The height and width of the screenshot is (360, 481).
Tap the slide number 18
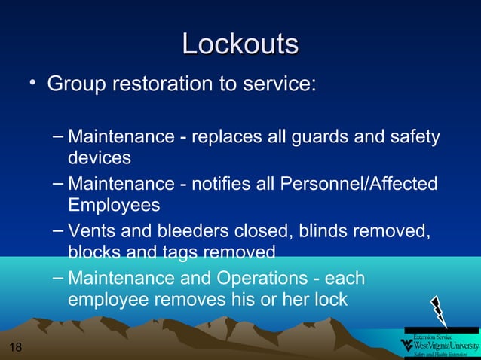[x=16, y=347]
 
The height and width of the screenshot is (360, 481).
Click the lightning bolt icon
[x=438, y=311]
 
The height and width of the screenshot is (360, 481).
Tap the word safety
[x=414, y=138]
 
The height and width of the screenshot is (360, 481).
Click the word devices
[x=100, y=158]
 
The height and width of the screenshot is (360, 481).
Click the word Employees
[x=114, y=205]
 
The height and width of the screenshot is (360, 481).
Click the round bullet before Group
[x=33, y=81]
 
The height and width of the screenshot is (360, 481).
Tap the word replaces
[x=224, y=138]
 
